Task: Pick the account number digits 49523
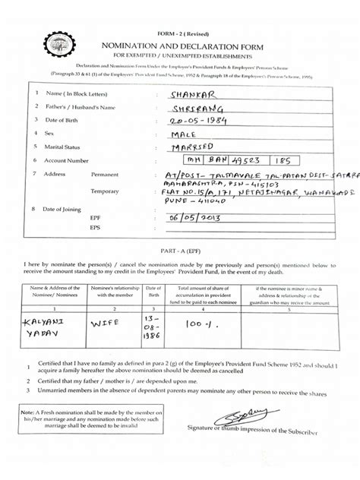242,161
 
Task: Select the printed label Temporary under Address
107,191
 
